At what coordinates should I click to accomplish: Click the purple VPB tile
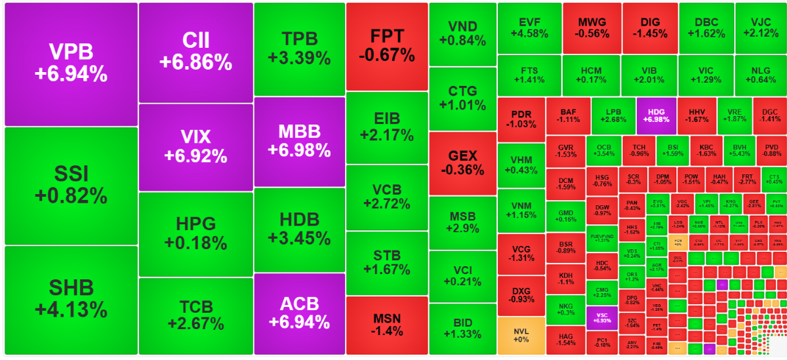(71, 64)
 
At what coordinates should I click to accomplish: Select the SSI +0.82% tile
(71, 185)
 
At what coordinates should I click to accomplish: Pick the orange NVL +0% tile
(521, 334)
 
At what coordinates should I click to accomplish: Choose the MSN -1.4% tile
(386, 325)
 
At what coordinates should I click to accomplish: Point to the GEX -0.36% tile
(462, 163)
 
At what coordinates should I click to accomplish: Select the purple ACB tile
(299, 313)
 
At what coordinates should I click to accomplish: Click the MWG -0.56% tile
(592, 28)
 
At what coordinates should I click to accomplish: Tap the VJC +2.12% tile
(760, 28)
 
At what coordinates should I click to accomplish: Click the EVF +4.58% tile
(529, 28)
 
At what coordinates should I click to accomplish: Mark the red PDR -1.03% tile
(521, 119)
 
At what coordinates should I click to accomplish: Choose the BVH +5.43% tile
(740, 150)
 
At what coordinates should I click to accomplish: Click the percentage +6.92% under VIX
(195, 156)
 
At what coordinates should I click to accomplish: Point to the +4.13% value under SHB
(71, 308)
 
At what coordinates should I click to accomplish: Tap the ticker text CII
(195, 41)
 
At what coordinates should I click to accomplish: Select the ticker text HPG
(195, 224)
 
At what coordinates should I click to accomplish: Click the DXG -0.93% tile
(521, 295)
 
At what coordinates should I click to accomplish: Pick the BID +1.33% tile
(462, 329)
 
